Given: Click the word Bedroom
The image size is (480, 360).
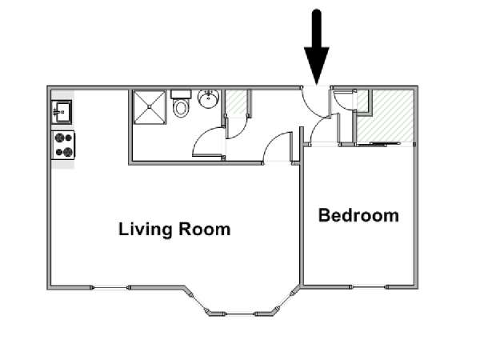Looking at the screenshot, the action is point(358,215).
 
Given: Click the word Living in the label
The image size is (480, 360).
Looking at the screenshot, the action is point(145,230).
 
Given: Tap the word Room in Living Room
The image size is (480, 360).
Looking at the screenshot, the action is point(204,229).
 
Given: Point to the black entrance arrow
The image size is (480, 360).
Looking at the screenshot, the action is point(317,47).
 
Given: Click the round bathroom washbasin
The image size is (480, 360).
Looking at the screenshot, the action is point(209,98).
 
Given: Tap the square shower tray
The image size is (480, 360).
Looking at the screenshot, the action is point(150,107).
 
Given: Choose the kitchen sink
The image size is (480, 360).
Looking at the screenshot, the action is point(62,112).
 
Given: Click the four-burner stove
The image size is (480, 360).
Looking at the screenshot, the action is point(63,145).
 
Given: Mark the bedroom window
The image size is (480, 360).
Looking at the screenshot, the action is point(369,287).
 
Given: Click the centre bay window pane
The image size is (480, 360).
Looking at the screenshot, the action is point(240,314).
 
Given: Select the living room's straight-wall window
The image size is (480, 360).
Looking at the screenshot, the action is point(110,287).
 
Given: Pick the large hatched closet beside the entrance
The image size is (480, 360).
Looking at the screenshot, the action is point(385,116).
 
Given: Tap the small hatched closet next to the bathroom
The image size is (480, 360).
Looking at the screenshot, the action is point(236,102).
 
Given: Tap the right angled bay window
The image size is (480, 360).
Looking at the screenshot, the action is point(284,300).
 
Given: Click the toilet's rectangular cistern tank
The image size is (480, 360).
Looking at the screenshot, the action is point(181,94).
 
